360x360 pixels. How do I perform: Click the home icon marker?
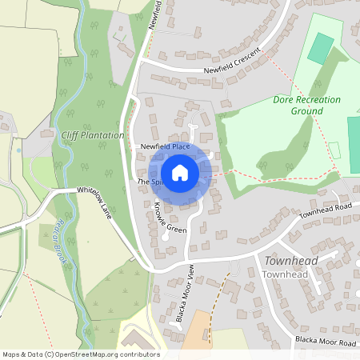point(180,173)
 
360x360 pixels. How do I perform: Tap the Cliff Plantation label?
point(93,135)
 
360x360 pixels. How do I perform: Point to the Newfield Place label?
point(165,147)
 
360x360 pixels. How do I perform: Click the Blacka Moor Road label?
point(324,342)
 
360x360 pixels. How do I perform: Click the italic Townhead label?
point(291,262)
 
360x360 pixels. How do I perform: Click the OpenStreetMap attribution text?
point(80,354)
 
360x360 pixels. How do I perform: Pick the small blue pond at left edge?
point(18,150)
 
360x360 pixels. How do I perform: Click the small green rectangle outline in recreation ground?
point(334,150)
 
